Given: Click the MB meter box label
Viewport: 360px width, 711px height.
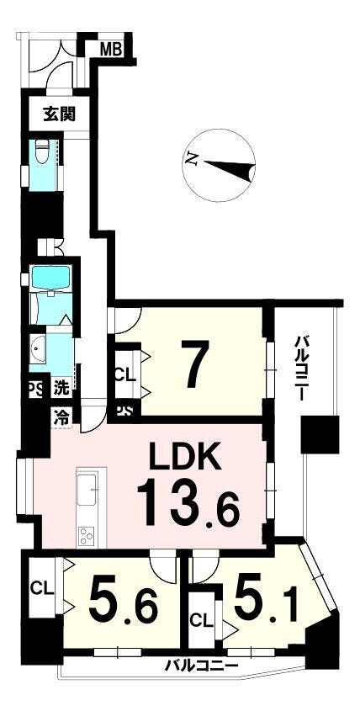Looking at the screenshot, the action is point(111,49).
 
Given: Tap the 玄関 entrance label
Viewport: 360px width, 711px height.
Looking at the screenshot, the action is point(60,114).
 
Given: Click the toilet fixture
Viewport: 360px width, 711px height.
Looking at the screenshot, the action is point(42,151).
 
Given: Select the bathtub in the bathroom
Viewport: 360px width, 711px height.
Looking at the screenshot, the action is point(50,279).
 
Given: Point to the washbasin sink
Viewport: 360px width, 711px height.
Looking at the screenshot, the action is point(38,348).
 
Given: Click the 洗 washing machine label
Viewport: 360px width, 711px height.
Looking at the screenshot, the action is point(61,389).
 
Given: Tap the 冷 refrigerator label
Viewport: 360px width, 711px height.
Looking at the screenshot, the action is point(61,416).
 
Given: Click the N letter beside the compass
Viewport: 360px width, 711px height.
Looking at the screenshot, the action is point(193,158).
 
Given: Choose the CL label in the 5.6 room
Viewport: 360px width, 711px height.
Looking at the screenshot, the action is point(42,588).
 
